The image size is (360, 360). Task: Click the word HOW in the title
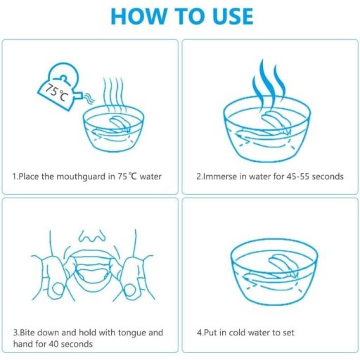coord(139,16)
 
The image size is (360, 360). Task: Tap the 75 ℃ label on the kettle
coord(56,93)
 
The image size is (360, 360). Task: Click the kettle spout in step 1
coord(79,95)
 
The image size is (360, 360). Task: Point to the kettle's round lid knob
coord(63,78)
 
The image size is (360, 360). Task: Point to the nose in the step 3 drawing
coord(92,236)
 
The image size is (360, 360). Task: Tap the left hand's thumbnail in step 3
coord(58,290)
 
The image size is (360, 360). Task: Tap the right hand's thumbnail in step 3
coord(129,290)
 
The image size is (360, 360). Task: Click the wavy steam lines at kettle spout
coord(89,98)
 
